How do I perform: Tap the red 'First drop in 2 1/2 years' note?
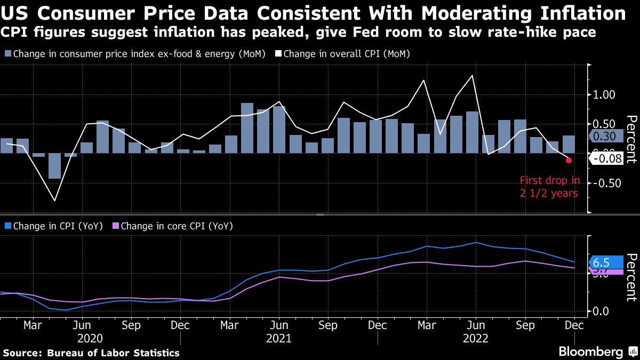pyautogui.click(x=549, y=187)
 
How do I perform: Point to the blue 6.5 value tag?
pyautogui.click(x=606, y=262)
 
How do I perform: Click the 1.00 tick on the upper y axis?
pyautogui.click(x=604, y=95)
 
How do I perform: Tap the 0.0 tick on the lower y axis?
pyautogui.click(x=601, y=311)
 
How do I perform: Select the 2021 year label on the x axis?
pyautogui.click(x=278, y=339)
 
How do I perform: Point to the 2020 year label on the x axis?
pyautogui.click(x=90, y=339)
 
